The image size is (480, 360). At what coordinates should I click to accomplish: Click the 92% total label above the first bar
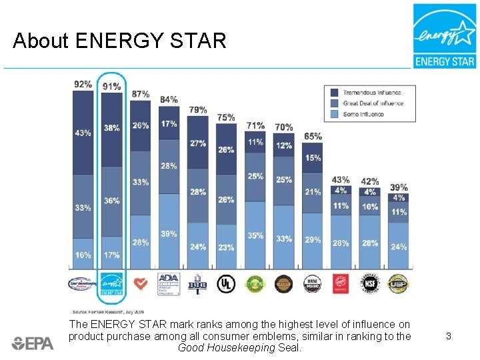[83, 84]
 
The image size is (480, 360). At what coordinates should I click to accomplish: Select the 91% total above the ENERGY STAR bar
[111, 87]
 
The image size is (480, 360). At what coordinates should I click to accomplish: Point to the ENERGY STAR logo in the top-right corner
[444, 36]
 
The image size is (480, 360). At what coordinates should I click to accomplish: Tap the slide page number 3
[449, 337]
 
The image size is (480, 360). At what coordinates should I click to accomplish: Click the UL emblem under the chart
[227, 284]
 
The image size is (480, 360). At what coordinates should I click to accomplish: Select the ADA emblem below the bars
[169, 284]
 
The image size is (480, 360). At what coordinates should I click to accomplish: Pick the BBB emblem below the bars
[197, 284]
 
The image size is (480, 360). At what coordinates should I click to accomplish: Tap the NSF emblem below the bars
[370, 284]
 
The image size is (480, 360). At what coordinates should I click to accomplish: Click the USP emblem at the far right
[398, 284]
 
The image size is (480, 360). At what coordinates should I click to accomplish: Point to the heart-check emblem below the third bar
[140, 284]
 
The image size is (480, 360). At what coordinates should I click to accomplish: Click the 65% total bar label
[313, 137]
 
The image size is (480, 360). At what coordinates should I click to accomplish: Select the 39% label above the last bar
[399, 187]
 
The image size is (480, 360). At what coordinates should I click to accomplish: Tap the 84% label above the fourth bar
[169, 99]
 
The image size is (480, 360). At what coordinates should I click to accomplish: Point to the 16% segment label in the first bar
[83, 255]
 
